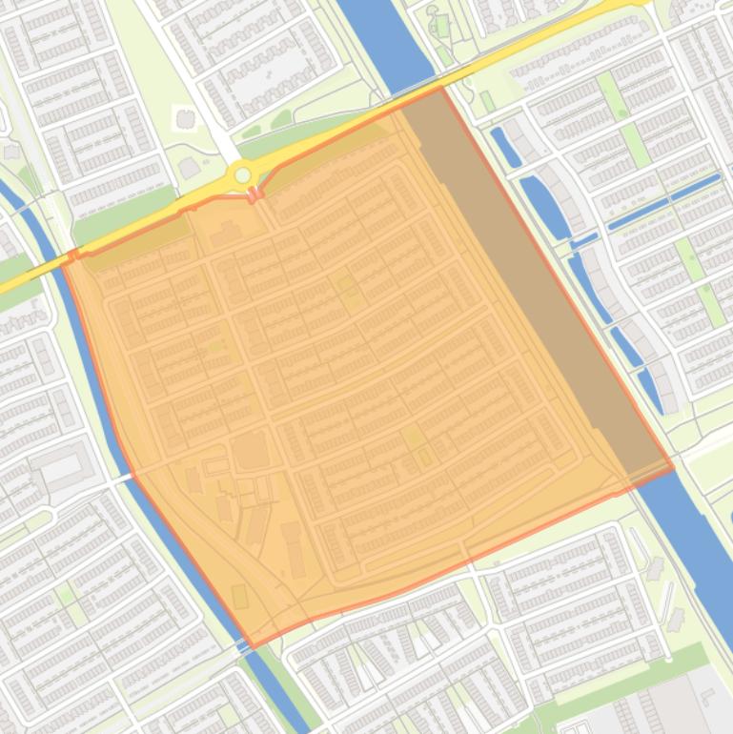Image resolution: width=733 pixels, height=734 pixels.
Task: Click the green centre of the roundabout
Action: [x=243, y=175]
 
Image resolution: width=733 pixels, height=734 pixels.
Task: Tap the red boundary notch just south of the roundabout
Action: [x=254, y=195]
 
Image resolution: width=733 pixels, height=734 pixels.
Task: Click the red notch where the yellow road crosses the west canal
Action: [x=74, y=255]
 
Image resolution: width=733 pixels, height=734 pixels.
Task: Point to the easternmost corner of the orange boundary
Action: [x=673, y=466]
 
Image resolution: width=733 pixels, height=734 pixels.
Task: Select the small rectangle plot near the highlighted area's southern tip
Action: [x=239, y=597]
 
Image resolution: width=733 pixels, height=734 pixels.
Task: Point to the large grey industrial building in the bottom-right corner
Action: [x=667, y=705]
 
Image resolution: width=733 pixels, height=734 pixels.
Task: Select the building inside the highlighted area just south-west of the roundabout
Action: [x=226, y=232]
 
